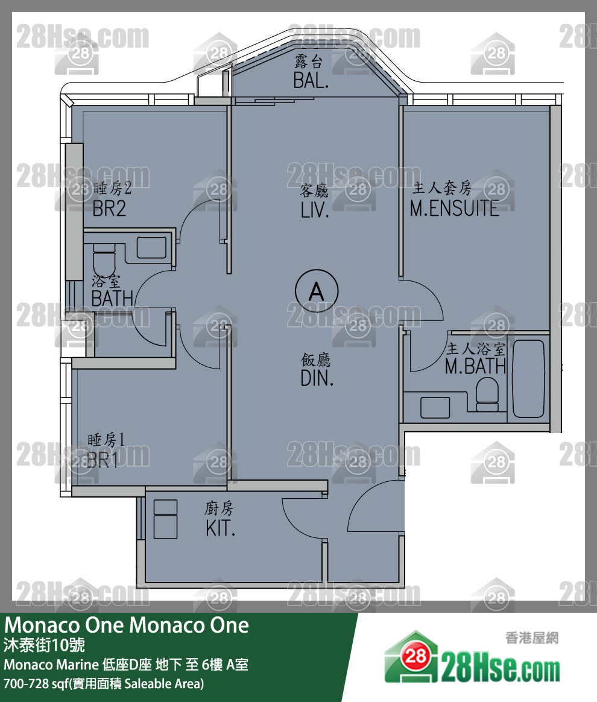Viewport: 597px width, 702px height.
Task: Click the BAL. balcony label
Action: point(311,80)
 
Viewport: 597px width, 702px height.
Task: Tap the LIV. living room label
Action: point(314,210)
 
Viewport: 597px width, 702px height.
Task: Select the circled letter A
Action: point(316,292)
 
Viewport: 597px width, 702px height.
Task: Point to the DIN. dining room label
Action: point(317,378)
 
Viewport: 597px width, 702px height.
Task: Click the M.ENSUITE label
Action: point(454,209)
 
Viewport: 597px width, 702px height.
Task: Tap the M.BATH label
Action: point(475,366)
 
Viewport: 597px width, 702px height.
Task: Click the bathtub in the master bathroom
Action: point(528,380)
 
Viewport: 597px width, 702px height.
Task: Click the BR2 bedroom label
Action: point(109,209)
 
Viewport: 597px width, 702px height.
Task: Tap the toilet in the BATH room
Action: point(104,259)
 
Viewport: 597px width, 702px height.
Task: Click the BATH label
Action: point(112,297)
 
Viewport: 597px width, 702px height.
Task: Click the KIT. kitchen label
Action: point(220,529)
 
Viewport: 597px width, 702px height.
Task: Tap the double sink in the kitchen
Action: point(165,519)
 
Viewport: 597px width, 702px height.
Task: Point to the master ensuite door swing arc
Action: point(425,302)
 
